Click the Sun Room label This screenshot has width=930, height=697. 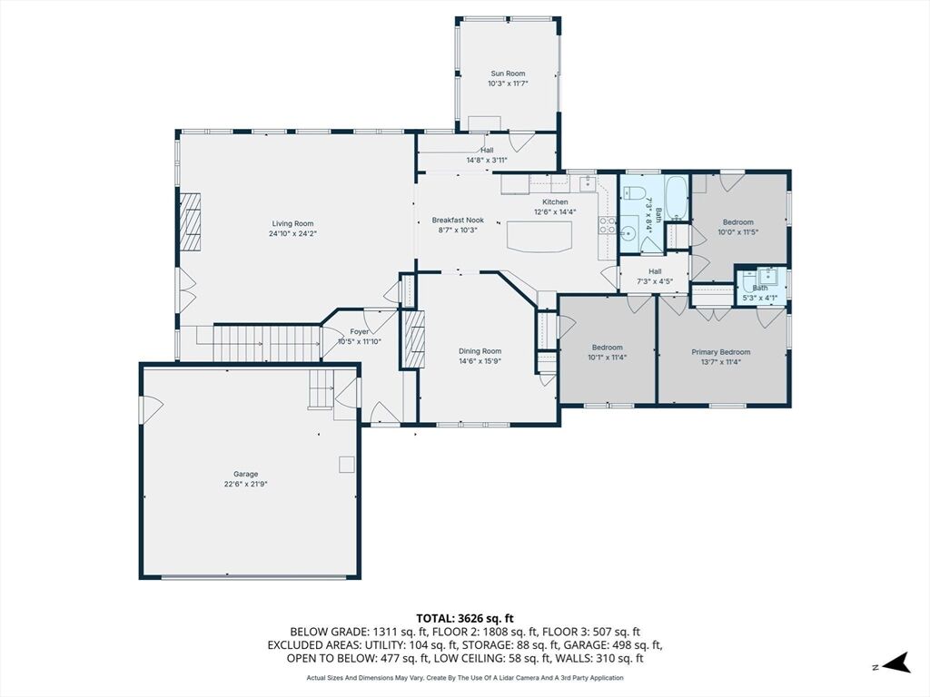[508, 74]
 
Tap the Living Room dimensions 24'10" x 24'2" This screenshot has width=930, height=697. [293, 233]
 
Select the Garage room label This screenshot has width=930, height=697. [245, 474]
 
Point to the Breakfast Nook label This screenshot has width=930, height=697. [458, 220]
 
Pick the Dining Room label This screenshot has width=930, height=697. [480, 351]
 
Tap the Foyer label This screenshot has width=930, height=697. [360, 332]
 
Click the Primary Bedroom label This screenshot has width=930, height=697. [720, 352]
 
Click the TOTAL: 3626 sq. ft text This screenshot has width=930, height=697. [464, 619]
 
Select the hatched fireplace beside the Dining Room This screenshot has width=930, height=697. [414, 339]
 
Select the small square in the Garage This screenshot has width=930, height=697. [346, 464]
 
